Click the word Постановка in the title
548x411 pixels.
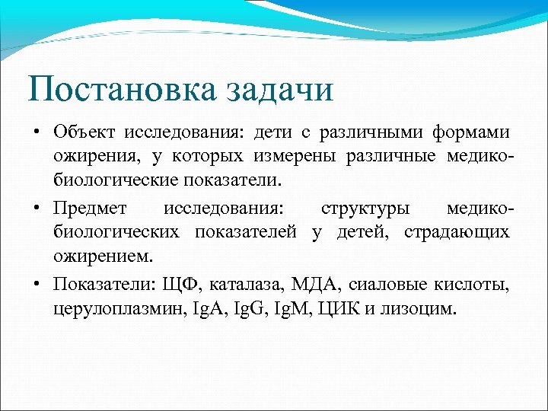[x=120, y=89]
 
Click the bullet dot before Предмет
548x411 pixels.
[x=37, y=208]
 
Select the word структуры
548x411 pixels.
[x=363, y=208]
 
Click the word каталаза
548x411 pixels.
[x=243, y=285]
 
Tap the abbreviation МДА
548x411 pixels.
[x=316, y=285]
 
